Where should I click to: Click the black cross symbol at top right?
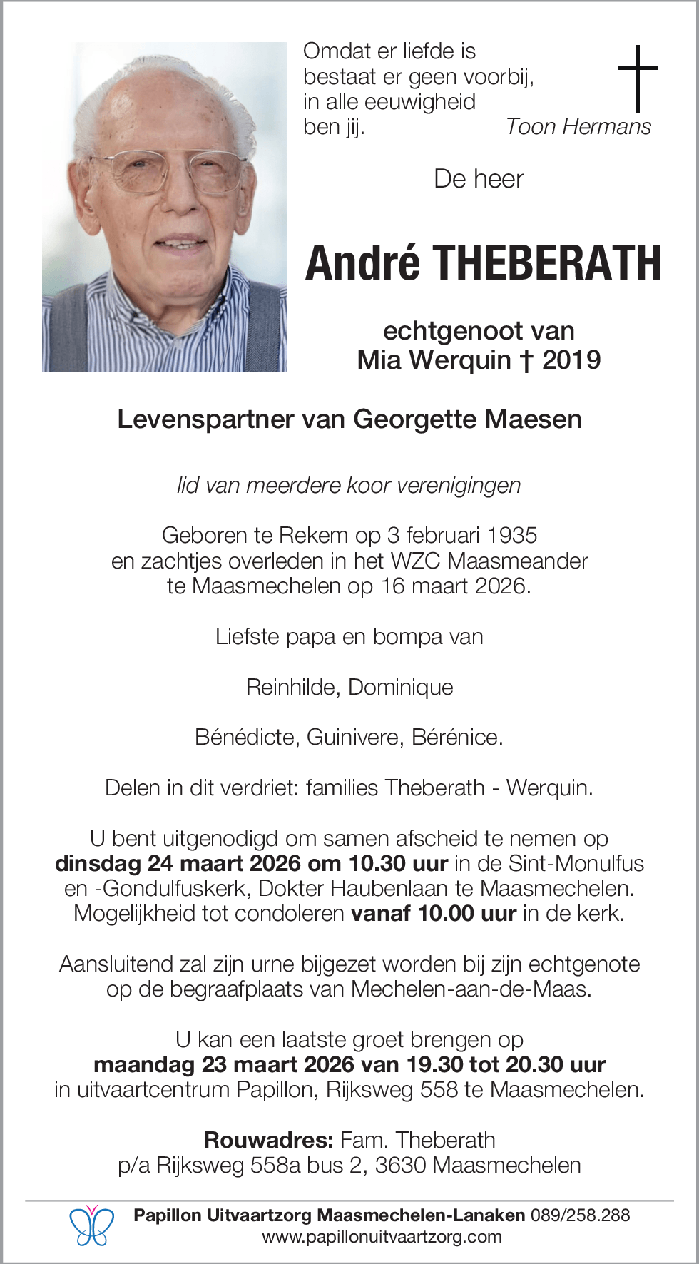coord(637,78)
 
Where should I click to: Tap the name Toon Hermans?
coord(578,127)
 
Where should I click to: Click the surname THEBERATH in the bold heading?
coord(547,263)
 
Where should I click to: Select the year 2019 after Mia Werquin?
coord(571,360)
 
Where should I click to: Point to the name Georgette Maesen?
coord(467,419)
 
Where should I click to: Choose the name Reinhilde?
coord(292,687)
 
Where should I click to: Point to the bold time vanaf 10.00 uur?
coord(433,914)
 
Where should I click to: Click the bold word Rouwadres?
coord(268,1140)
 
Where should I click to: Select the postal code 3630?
coord(400,1166)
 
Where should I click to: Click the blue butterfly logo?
coord(91,1225)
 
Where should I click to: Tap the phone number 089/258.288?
coord(580,1215)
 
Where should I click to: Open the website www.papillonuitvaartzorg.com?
coord(382,1237)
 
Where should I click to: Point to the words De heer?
coord(479,179)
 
